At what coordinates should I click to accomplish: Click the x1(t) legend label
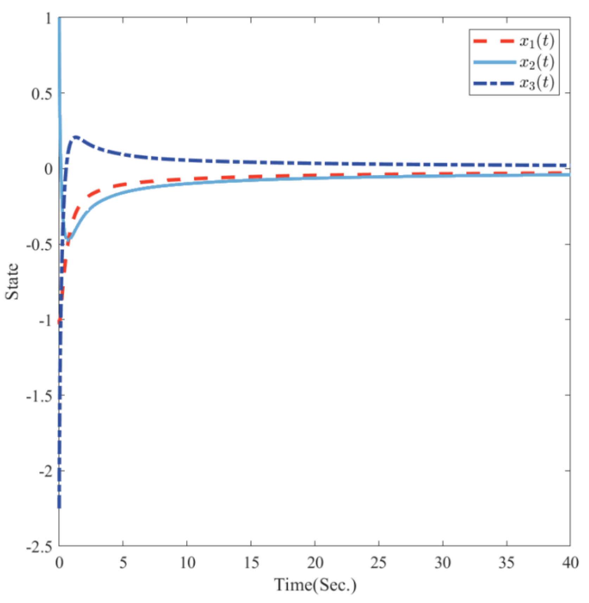click(537, 42)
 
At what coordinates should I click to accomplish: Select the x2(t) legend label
click(537, 63)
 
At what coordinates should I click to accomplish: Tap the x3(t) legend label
click(537, 83)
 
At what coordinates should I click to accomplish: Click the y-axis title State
click(13, 281)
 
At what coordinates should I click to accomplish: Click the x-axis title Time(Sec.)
click(315, 585)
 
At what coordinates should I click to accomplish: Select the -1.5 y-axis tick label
click(39, 396)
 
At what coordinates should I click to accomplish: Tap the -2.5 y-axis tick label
click(39, 547)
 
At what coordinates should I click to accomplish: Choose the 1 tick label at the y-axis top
click(49, 18)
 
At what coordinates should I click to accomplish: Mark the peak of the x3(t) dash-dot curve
click(75, 137)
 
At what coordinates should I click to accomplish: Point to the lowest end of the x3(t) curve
click(59, 507)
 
